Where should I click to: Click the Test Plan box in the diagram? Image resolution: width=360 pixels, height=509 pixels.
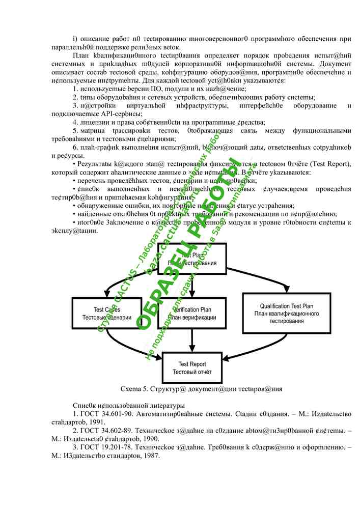tap(192, 259)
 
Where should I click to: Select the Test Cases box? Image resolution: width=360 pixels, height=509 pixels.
tap(106, 313)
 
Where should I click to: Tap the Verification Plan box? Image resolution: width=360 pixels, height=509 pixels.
tap(191, 313)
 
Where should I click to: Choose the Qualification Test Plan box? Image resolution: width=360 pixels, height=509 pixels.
tap(287, 313)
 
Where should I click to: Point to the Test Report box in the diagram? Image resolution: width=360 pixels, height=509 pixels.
tap(192, 368)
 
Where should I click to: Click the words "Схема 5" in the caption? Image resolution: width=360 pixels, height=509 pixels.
tap(132, 389)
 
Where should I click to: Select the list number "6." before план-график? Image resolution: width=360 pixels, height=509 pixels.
tap(75, 147)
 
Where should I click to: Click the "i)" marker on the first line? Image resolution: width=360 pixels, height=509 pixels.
tap(75, 39)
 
